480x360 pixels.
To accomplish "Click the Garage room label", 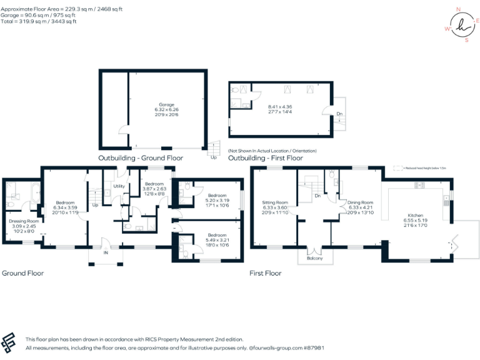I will point(166,104).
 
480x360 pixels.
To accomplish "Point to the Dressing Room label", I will point(24,221).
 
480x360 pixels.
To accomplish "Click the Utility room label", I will point(118,186).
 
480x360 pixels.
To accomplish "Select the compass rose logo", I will point(462,25).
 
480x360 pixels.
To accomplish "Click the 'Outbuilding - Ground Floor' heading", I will point(141,158).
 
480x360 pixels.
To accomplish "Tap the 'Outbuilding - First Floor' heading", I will point(266,158).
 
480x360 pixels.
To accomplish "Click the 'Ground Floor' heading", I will point(23,273).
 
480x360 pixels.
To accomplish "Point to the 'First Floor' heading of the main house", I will point(266,273).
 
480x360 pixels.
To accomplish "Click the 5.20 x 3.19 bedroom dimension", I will point(218,201).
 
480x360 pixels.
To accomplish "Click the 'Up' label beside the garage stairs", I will point(214,157).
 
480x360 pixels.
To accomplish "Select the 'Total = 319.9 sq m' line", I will point(39,21).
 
